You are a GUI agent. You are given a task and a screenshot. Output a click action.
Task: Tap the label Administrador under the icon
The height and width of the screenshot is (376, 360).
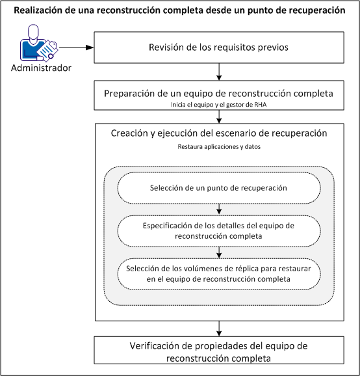click(x=40, y=68)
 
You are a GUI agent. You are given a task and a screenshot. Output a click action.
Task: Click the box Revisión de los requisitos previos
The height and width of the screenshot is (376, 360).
click(x=220, y=47)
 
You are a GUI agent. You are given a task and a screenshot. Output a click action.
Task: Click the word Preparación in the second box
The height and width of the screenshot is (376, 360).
click(x=135, y=93)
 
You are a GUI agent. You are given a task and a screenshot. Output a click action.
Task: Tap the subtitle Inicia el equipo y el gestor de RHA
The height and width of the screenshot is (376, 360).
click(x=219, y=105)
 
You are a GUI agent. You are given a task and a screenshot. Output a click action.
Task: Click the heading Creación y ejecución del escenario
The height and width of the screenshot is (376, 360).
click(x=219, y=133)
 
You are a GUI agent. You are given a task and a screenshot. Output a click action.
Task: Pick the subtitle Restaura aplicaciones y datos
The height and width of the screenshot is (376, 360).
click(x=219, y=147)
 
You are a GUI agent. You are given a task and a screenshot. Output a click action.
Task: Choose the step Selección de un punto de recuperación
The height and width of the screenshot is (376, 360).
click(x=219, y=189)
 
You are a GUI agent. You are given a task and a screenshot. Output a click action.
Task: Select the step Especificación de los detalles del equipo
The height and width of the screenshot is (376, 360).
click(x=219, y=230)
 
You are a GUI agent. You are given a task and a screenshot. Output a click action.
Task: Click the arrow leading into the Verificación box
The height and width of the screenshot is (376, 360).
click(x=220, y=328)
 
